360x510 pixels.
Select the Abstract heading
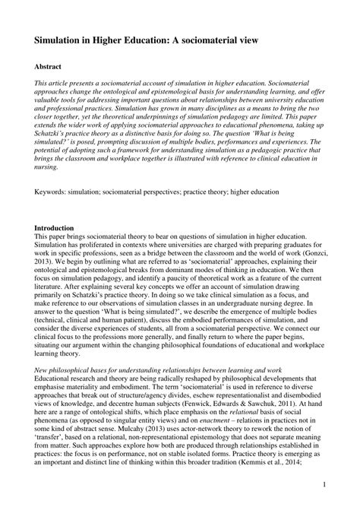[x=49, y=67]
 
